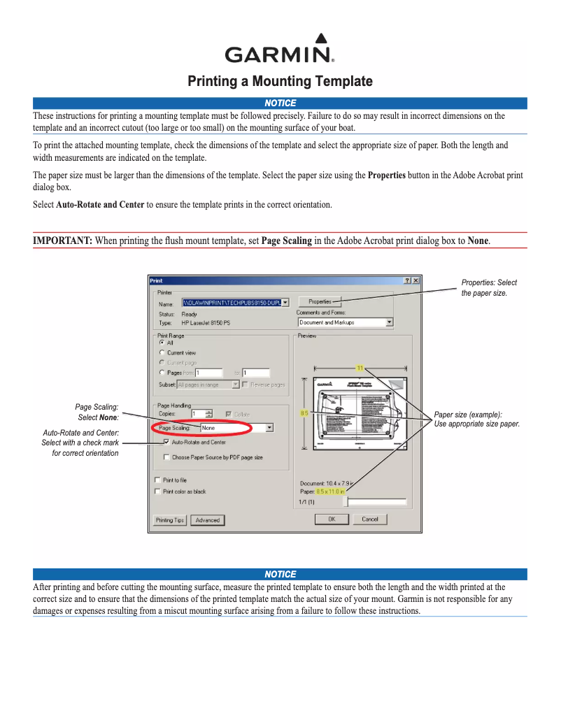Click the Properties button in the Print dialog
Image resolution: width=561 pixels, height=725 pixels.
[x=320, y=301]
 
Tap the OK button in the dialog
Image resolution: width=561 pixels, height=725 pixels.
[x=332, y=519]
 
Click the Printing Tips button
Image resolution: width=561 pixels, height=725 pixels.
[x=170, y=520]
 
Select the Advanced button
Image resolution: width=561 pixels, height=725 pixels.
[x=208, y=520]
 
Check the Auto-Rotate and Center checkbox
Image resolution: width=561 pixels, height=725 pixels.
[x=166, y=443]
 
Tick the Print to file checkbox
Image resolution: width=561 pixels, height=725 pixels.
[x=157, y=480]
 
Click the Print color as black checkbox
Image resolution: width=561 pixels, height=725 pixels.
[x=157, y=491]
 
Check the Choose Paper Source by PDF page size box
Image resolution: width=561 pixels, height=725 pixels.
[x=166, y=457]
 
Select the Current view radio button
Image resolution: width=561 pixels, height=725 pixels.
[x=162, y=353]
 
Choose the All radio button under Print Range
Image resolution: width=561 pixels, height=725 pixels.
[x=162, y=343]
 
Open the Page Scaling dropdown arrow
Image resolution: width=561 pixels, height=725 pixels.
[x=269, y=428]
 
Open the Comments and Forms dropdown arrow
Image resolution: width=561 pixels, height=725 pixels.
[x=390, y=322]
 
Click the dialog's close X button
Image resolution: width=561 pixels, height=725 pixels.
[x=416, y=280]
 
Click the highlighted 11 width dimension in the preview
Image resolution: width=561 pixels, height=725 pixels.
[x=360, y=368]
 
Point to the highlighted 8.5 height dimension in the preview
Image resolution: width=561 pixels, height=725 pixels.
[x=304, y=413]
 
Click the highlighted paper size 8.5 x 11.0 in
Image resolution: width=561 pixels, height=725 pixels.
[x=332, y=491]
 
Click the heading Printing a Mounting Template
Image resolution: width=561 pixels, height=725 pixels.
[x=280, y=82]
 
